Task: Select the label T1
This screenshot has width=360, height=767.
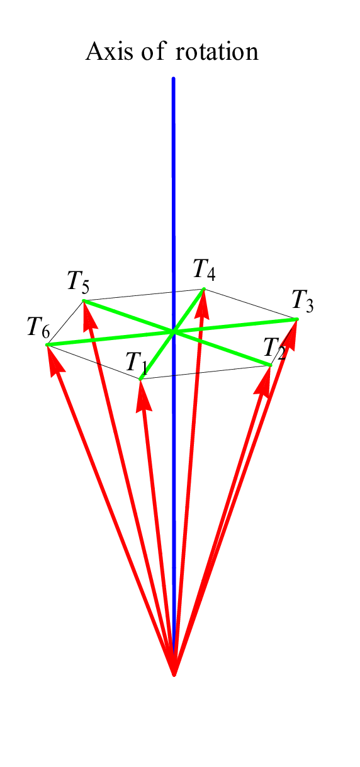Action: point(137,363)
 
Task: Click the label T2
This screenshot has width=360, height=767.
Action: point(274,348)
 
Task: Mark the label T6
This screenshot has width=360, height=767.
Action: point(38,327)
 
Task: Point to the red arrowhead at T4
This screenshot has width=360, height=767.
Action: point(203,301)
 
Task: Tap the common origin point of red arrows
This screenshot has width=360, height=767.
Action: point(174,674)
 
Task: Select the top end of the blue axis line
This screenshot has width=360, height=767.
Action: point(173,79)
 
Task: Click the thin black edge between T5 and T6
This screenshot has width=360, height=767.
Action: point(65,322)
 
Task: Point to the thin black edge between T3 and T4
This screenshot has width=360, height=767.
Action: point(250,304)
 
